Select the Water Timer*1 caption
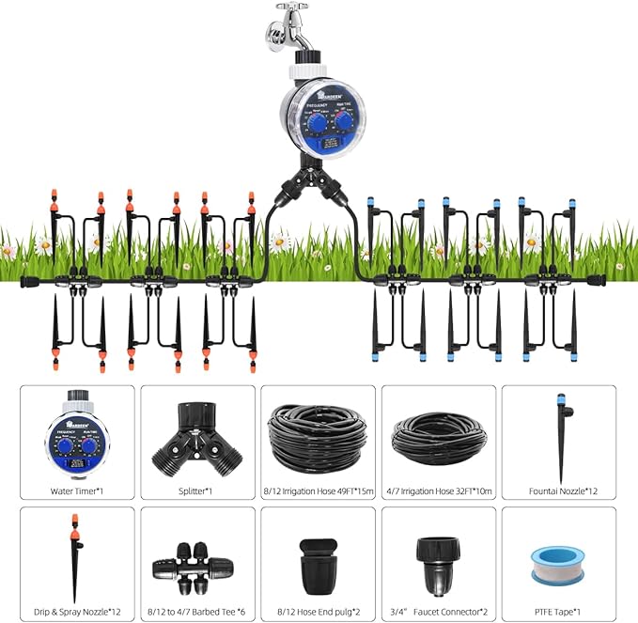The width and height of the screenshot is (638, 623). click(x=77, y=491)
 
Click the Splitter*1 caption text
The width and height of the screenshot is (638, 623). click(x=197, y=491)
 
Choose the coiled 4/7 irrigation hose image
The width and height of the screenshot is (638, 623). click(x=438, y=436)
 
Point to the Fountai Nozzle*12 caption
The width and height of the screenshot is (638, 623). click(x=559, y=491)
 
